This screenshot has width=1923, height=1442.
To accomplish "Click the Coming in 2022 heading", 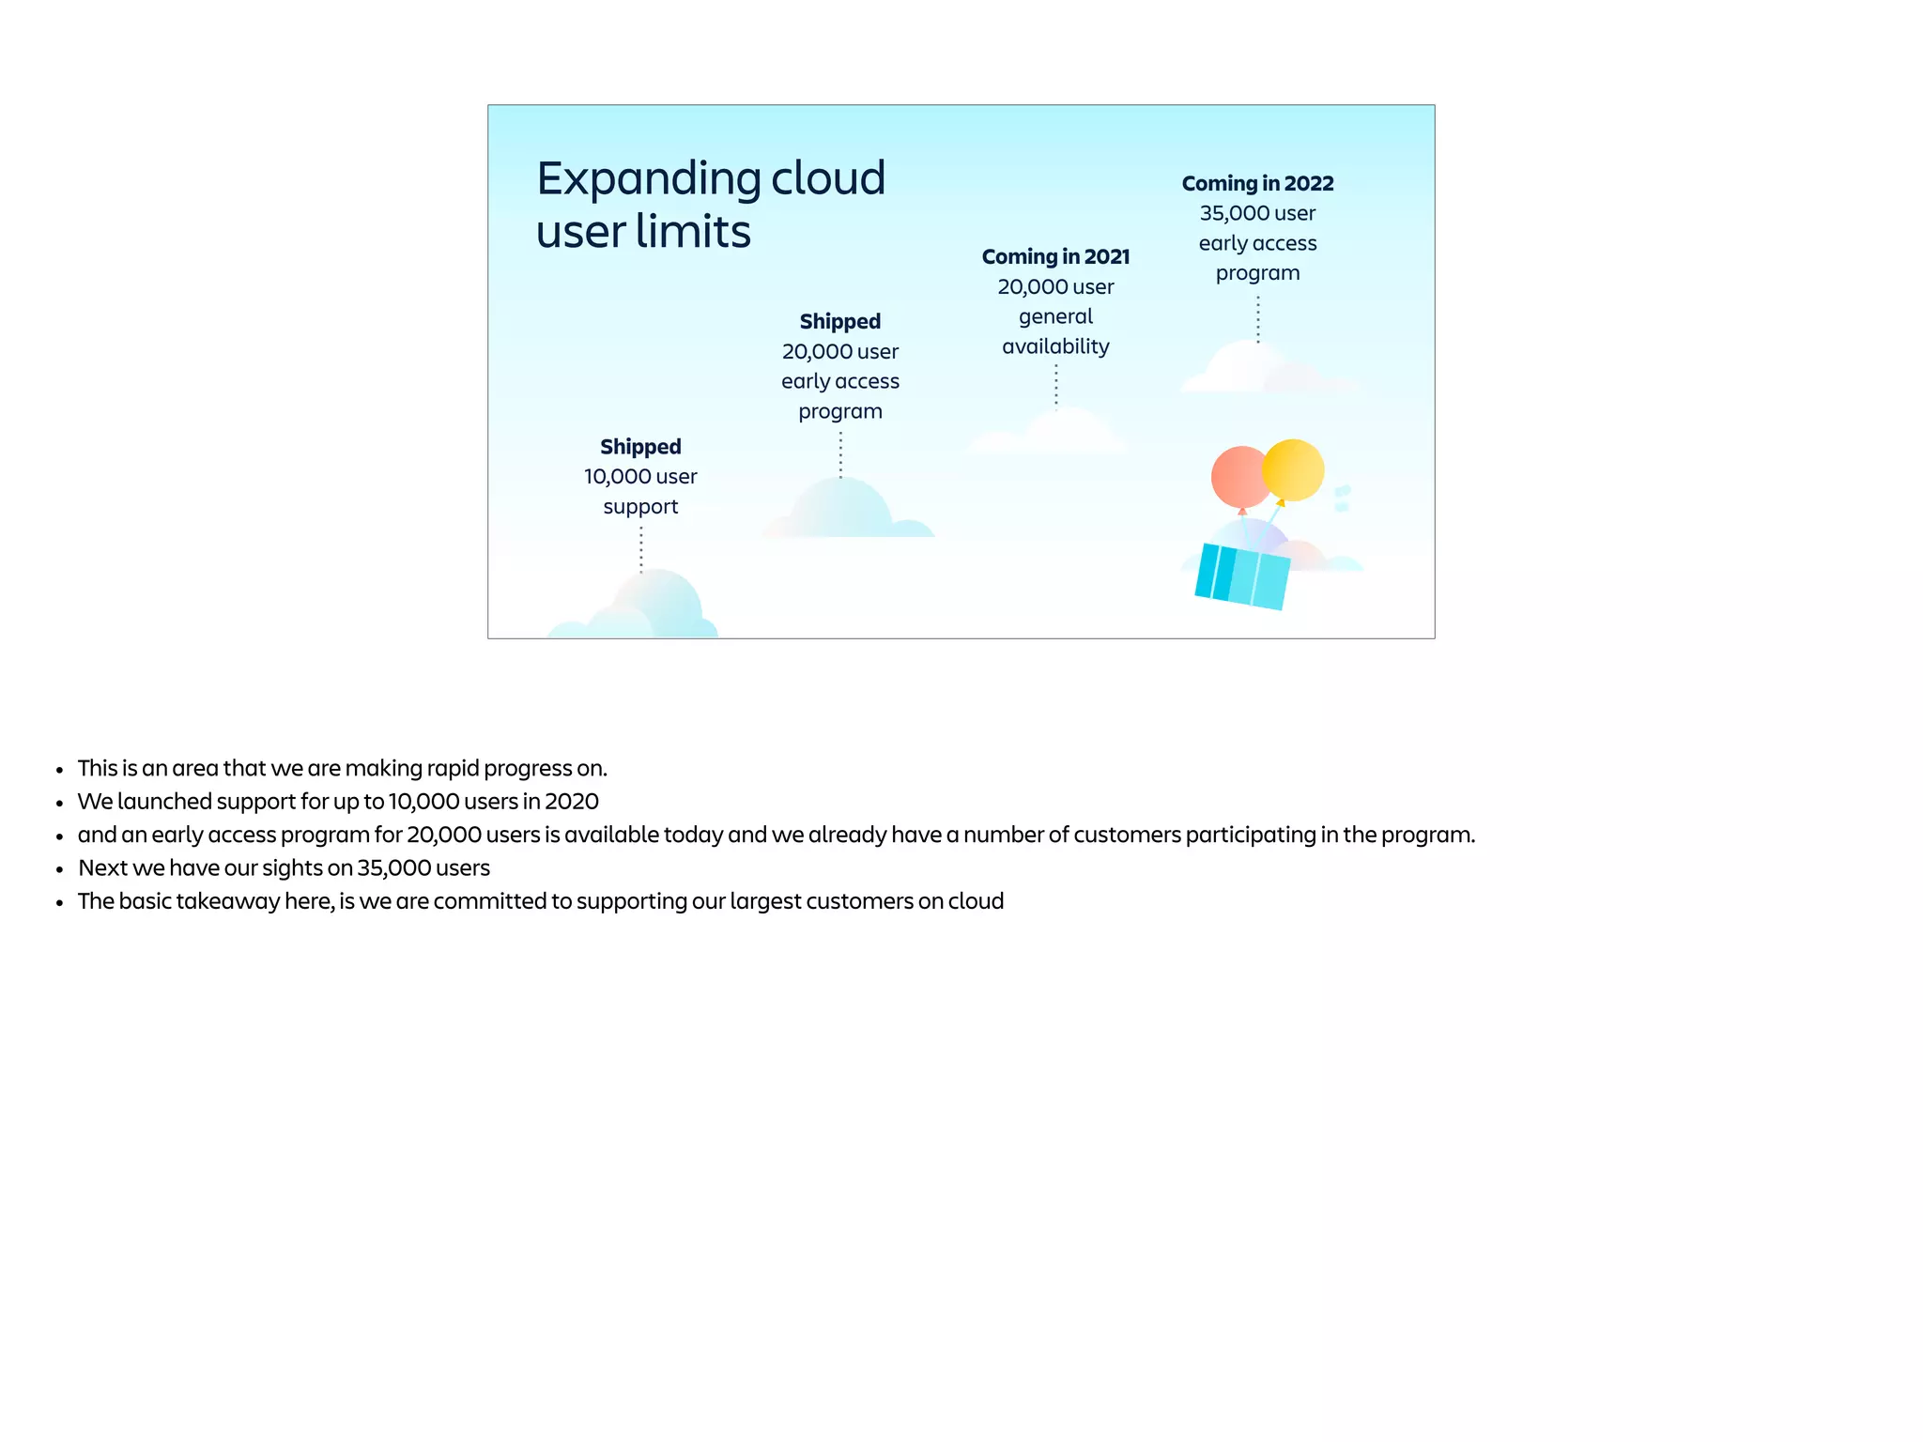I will (1257, 184).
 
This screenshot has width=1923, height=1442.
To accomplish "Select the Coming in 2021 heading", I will (1055, 257).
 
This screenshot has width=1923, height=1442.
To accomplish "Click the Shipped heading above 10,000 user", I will (640, 447).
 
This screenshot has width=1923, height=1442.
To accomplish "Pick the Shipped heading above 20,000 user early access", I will (839, 322).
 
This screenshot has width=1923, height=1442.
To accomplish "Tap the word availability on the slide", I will (1055, 347).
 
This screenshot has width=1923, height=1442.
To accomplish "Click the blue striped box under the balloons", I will (1241, 576).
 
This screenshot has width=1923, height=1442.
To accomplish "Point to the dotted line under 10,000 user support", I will (641, 549).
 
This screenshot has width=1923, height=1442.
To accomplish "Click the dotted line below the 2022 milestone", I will (1258, 319).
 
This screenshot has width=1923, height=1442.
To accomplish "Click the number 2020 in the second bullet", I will (571, 802).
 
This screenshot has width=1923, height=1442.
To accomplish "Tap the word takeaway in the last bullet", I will (228, 901).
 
